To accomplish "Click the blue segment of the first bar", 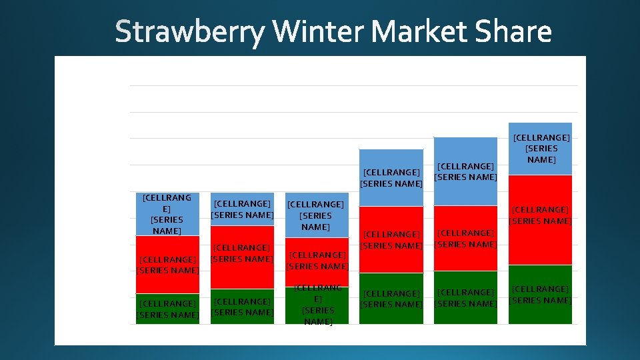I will tap(167, 213).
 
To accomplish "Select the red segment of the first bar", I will tap(167, 265).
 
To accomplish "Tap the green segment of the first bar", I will tap(167, 309).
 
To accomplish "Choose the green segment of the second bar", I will tap(242, 307).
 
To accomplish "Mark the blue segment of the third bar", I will tap(317, 215).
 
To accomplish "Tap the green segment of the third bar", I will tap(317, 305).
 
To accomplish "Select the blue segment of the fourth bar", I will tap(391, 177).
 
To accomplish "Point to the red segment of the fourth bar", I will tap(391, 239).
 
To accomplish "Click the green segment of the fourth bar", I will tap(391, 299).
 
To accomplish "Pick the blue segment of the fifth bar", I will tap(466, 171).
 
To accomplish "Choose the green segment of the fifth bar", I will tap(466, 297).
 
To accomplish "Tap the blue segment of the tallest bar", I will tap(540, 148).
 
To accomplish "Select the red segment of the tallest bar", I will tap(540, 220).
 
